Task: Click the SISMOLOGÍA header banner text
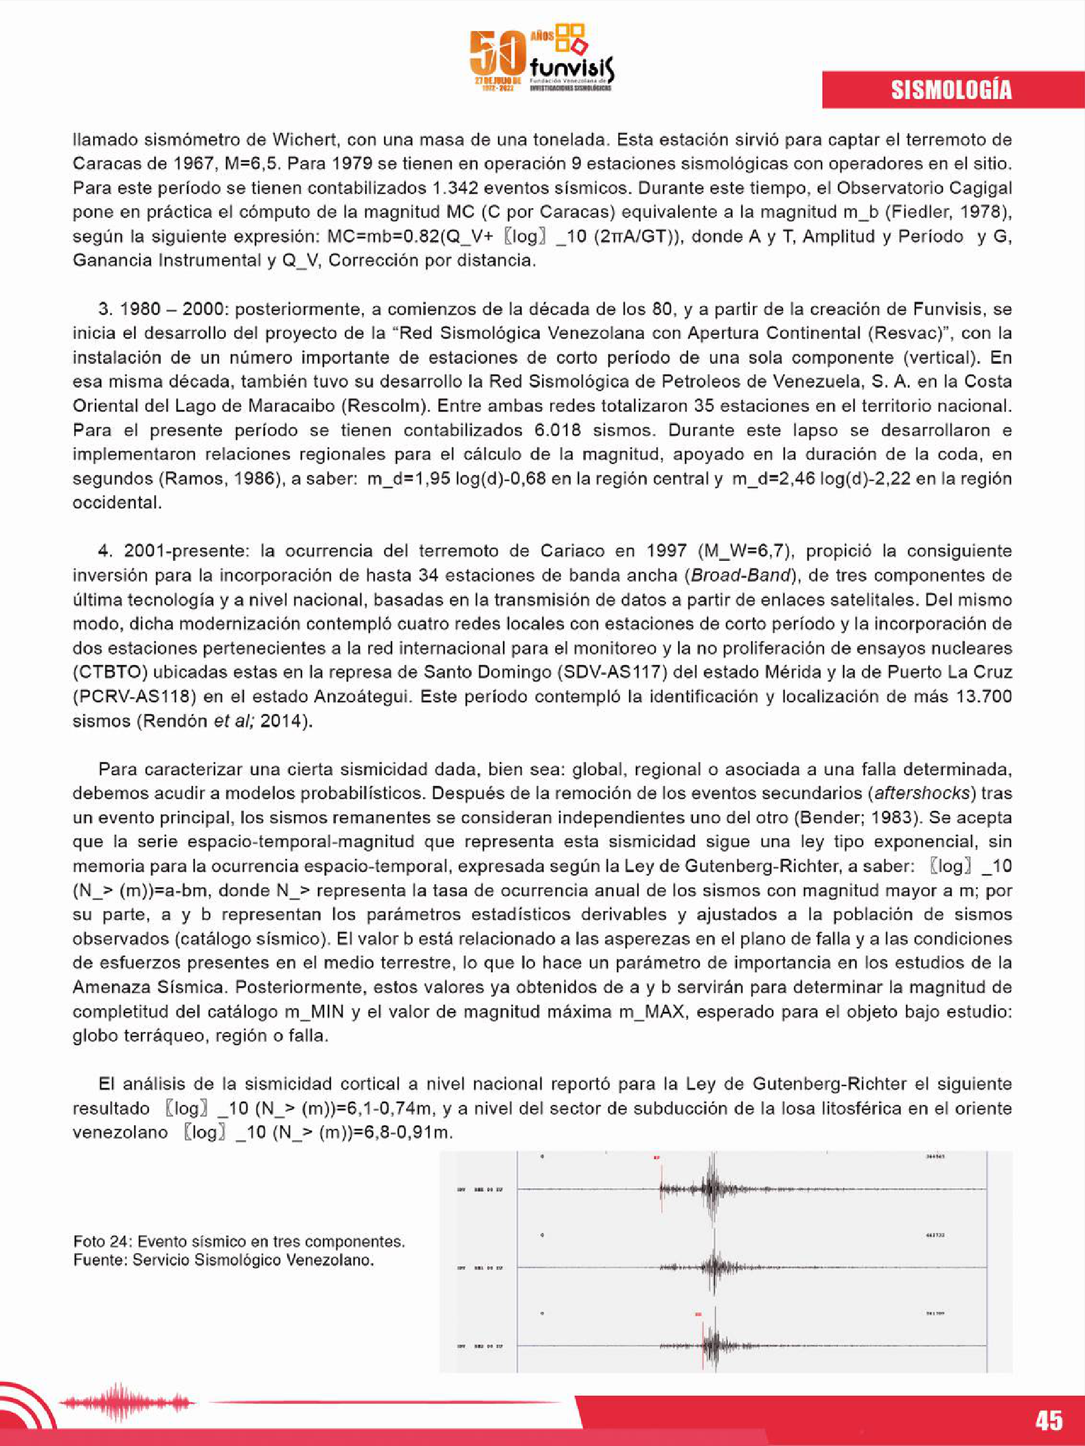point(951,90)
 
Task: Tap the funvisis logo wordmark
point(572,68)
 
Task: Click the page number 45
point(1049,1420)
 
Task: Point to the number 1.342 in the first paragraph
point(455,189)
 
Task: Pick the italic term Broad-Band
point(741,575)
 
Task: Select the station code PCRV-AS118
point(135,696)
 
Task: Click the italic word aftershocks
point(921,793)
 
